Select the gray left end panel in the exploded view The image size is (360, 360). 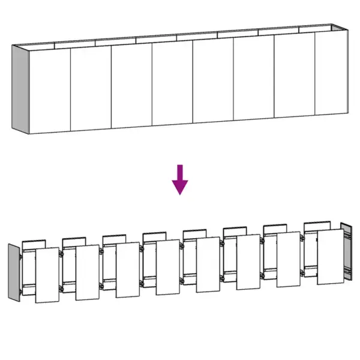click(x=14, y=271)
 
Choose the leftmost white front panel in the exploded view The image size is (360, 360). click(x=47, y=275)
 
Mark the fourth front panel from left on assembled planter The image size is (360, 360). click(x=172, y=85)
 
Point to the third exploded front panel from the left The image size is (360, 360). click(x=128, y=269)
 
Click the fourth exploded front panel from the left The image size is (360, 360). click(x=168, y=267)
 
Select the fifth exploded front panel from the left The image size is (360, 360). click(x=208, y=265)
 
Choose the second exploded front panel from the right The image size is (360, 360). click(x=289, y=259)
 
